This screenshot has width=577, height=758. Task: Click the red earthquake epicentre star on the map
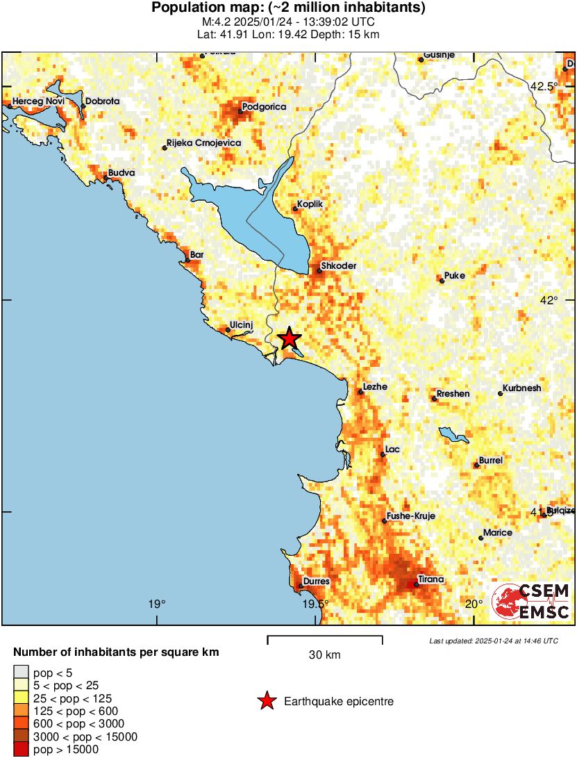pos(289,338)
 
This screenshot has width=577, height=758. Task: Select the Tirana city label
pos(430,579)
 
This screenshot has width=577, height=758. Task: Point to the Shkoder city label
pos(340,266)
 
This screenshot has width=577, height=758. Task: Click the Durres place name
pos(316,581)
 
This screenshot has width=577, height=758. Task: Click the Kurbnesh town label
pos(521,388)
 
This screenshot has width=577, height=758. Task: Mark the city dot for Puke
pos(442,281)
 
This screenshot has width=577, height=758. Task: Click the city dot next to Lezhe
pos(360,393)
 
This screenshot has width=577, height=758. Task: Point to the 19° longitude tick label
pos(157,603)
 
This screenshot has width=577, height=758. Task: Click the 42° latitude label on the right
pos(549,300)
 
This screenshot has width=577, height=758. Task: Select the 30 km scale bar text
pos(324,655)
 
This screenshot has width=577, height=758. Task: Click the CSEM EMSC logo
pos(531,602)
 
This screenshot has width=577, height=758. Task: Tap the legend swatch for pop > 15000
pos(22,749)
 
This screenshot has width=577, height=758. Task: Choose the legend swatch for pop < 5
pos(22,672)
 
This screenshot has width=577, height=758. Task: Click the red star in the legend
pos(267,702)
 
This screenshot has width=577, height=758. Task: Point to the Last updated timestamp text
pos(493,641)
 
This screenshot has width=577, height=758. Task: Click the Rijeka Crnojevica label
pos(203,142)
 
